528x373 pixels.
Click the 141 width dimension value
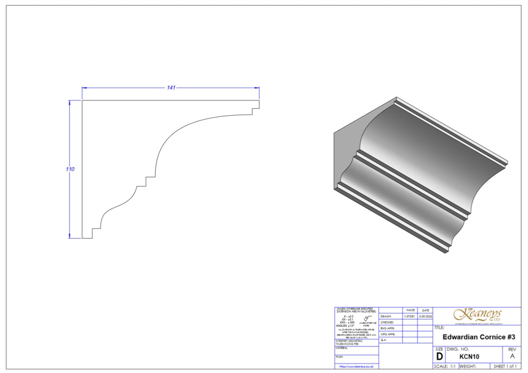(171, 88)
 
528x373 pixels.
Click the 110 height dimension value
(70, 169)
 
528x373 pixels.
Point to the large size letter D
(439, 356)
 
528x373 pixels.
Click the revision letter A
(512, 356)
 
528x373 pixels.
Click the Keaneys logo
(477, 315)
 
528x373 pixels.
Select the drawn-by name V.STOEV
(410, 316)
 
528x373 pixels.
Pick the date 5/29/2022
(425, 316)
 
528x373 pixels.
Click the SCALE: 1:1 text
(445, 366)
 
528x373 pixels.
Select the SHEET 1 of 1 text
(505, 366)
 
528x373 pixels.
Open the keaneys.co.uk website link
(356, 366)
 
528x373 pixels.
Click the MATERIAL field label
(342, 348)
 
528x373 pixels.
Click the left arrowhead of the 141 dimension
(84, 88)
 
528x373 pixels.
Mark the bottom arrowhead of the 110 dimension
(69, 236)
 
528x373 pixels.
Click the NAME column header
(410, 310)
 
